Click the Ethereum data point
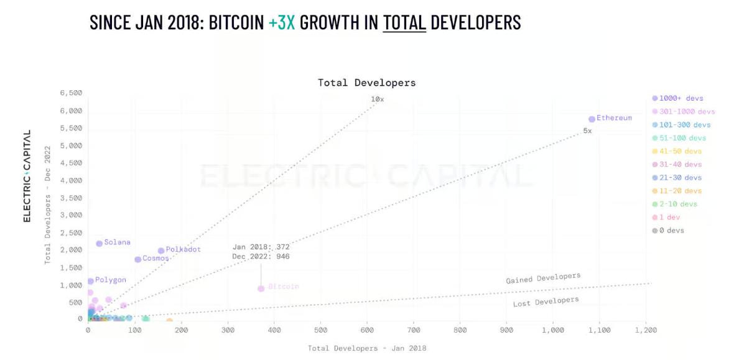pos(592,119)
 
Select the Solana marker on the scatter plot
pos(99,244)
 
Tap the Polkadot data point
pos(161,251)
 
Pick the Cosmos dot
pos(137,259)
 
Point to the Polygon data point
pos(90,281)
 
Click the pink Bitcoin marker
pos(261,288)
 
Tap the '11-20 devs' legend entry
pos(678,191)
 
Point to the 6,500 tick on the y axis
pos(71,93)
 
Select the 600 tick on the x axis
pos(367,331)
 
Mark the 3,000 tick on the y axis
pos(71,215)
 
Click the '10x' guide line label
pos(378,99)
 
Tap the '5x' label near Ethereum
pos(587,131)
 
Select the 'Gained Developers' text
pos(543,278)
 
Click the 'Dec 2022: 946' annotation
pos(261,256)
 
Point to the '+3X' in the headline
pos(282,22)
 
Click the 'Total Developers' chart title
pos(366,83)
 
